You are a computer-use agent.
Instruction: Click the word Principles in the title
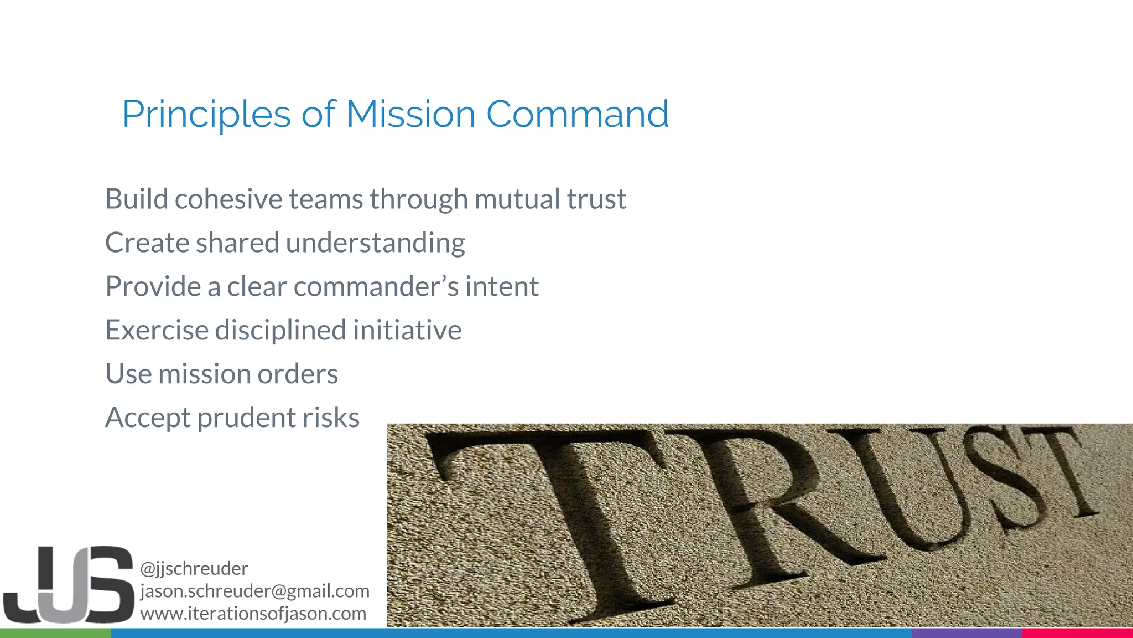(206, 115)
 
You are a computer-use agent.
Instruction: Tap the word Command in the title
(577, 114)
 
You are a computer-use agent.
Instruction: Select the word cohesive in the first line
(228, 199)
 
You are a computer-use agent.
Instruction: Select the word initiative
(407, 330)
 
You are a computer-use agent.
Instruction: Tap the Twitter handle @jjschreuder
(194, 568)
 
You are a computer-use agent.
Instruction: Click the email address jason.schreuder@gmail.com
(254, 591)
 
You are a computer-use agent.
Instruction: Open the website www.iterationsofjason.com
(253, 614)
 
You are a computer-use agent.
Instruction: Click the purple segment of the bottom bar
(966, 633)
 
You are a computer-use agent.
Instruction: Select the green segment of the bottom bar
(55, 633)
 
